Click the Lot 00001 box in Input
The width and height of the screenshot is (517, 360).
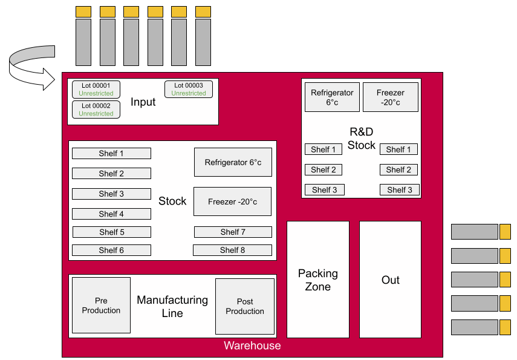[x=96, y=90]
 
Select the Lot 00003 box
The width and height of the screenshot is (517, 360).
[x=188, y=90]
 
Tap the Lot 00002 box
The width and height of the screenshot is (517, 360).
[x=96, y=110]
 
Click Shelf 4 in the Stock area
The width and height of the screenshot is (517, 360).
[x=111, y=214]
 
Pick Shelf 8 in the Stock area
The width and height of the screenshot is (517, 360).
[x=232, y=250]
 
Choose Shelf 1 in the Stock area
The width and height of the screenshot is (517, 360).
[x=111, y=153]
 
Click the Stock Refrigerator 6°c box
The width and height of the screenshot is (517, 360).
[x=233, y=162]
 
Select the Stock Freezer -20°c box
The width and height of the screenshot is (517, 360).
[x=232, y=201]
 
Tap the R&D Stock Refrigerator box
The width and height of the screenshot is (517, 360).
[x=332, y=97]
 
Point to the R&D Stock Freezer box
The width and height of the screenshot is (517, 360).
[x=390, y=97]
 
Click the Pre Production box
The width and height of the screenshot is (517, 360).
[x=101, y=306]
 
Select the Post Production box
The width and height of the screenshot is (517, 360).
[x=245, y=306]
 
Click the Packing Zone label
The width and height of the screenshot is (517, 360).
[x=318, y=280]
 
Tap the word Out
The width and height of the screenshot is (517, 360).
[x=391, y=280]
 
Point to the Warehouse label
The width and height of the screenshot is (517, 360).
[x=252, y=346]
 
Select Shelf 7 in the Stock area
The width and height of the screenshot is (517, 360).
[x=233, y=232]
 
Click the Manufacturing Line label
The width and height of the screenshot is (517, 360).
[x=172, y=306]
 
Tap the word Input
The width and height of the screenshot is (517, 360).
[x=143, y=102]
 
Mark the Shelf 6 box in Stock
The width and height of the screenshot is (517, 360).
[x=111, y=250]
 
